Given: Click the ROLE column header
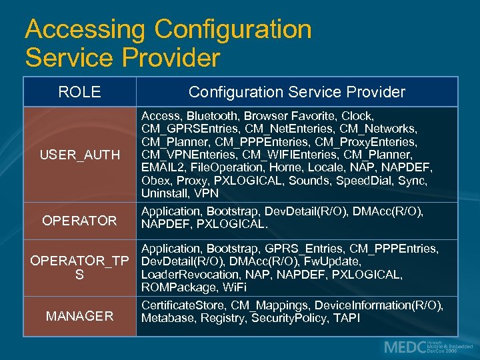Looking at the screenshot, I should (79, 92).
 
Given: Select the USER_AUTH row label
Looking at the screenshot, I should (79, 155).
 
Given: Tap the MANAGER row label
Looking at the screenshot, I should (79, 316).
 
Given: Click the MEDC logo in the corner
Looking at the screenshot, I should (427, 347).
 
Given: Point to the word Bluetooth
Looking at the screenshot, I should (211, 116).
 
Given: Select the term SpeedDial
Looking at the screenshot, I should (363, 180).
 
